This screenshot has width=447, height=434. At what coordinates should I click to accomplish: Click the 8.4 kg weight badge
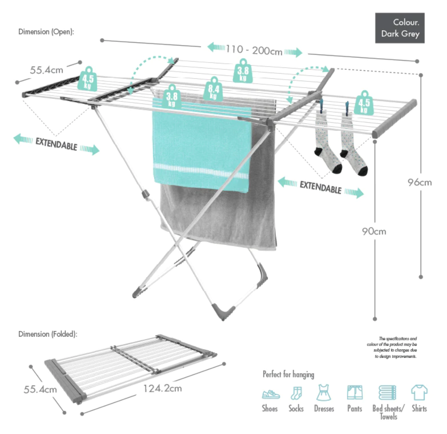214,89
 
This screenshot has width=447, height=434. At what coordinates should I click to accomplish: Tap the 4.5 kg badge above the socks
364,104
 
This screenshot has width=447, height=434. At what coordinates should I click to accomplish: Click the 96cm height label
419,183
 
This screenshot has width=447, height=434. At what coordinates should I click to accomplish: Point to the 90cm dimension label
374,231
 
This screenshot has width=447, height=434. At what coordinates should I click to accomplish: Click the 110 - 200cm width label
254,50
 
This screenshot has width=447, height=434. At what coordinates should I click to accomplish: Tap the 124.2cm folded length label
162,388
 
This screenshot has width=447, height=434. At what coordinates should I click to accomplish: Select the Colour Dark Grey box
400,28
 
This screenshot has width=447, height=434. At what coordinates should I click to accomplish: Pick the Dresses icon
324,393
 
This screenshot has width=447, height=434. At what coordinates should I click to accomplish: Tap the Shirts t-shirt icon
419,393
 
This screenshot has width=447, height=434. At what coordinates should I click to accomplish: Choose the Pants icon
355,393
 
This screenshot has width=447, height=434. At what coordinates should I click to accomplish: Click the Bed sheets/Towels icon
387,393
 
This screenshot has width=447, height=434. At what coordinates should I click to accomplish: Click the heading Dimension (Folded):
48,334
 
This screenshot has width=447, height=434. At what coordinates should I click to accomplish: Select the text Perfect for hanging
288,374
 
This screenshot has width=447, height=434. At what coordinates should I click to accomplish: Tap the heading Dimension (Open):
46,32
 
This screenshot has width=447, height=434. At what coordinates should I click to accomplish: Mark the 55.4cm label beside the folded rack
40,390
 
